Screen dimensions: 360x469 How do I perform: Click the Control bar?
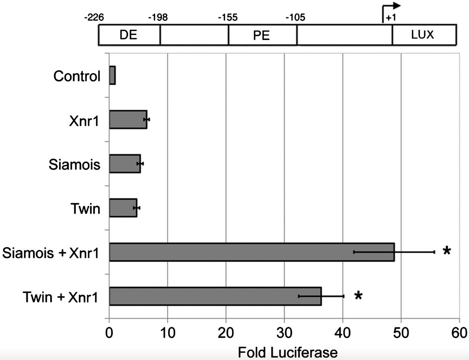tap(112, 76)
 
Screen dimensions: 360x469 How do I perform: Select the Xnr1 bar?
tap(128, 119)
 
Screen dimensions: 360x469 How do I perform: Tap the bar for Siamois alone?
tap(125, 164)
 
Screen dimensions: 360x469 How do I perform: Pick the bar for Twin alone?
tap(123, 208)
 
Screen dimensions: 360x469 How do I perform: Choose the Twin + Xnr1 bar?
tap(215, 296)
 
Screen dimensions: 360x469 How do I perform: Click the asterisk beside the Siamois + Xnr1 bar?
tap(446, 252)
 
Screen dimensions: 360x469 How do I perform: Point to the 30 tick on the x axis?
tap(284, 333)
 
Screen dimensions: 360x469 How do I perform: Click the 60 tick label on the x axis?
tap(459, 333)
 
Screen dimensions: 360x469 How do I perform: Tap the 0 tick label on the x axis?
tap(109, 333)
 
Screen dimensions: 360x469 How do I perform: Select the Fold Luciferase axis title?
tap(288, 353)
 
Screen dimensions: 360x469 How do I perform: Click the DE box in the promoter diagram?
tap(129, 35)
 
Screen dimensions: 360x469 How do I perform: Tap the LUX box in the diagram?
tap(423, 35)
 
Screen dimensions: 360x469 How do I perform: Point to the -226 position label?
tap(94, 18)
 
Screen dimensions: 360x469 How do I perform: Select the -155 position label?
tap(227, 18)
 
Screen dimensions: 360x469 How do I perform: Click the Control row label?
tap(76, 76)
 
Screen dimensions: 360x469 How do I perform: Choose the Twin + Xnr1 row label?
tap(60, 297)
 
